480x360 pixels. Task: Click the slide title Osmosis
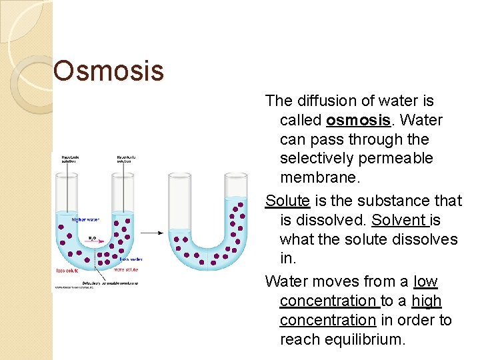point(108,71)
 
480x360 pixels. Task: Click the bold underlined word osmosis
point(358,120)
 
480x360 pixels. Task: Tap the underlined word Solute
point(287,200)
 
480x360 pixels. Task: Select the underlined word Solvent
point(399,219)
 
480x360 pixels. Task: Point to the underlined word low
point(425,281)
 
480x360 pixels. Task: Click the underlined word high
point(427,301)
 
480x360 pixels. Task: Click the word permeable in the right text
point(399,158)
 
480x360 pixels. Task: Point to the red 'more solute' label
point(128,270)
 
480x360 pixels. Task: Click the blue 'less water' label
point(131,259)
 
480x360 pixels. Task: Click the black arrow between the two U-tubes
point(151,233)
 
